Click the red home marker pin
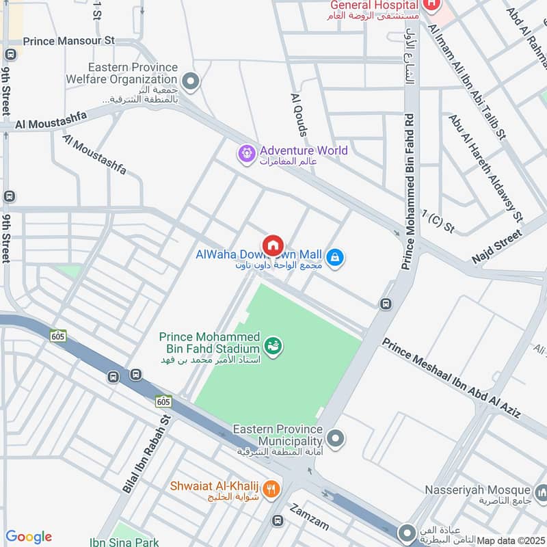(x=273, y=245)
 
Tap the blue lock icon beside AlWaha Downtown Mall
(x=334, y=258)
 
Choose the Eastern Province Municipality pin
(x=335, y=437)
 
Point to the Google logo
(x=28, y=537)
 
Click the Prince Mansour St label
(x=68, y=41)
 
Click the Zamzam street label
(x=309, y=517)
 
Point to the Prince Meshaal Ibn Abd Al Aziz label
(x=451, y=378)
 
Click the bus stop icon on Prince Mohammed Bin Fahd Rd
(x=386, y=304)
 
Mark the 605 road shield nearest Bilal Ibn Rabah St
(x=163, y=401)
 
